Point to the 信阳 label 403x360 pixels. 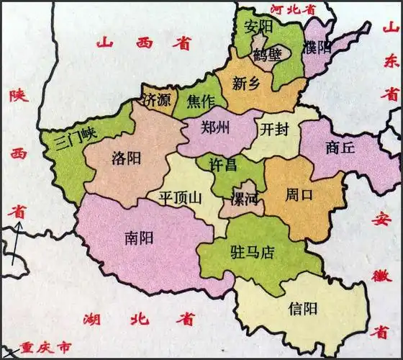pyautogui.click(x=302, y=310)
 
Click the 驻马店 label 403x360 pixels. pyautogui.click(x=252, y=252)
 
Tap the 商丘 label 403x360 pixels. pyautogui.click(x=340, y=148)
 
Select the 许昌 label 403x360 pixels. pyautogui.click(x=222, y=165)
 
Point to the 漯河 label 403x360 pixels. pyautogui.click(x=244, y=198)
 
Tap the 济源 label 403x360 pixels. pyautogui.click(x=158, y=101)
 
